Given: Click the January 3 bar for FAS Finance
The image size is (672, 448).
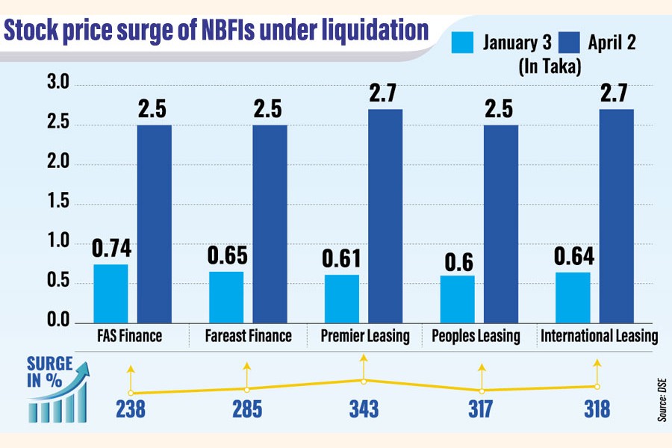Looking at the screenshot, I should [110, 293].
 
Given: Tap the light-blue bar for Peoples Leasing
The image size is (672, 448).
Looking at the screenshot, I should [456, 299].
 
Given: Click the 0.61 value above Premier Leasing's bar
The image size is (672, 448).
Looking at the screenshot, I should [341, 258].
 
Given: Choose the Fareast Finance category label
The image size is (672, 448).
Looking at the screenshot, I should [249, 336].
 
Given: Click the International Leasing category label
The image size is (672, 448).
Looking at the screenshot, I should [598, 336].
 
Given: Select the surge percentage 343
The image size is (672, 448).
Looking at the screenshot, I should [364, 410].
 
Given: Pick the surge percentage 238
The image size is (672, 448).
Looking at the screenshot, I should [131, 410].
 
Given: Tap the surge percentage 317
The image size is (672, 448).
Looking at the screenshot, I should [482, 410].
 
